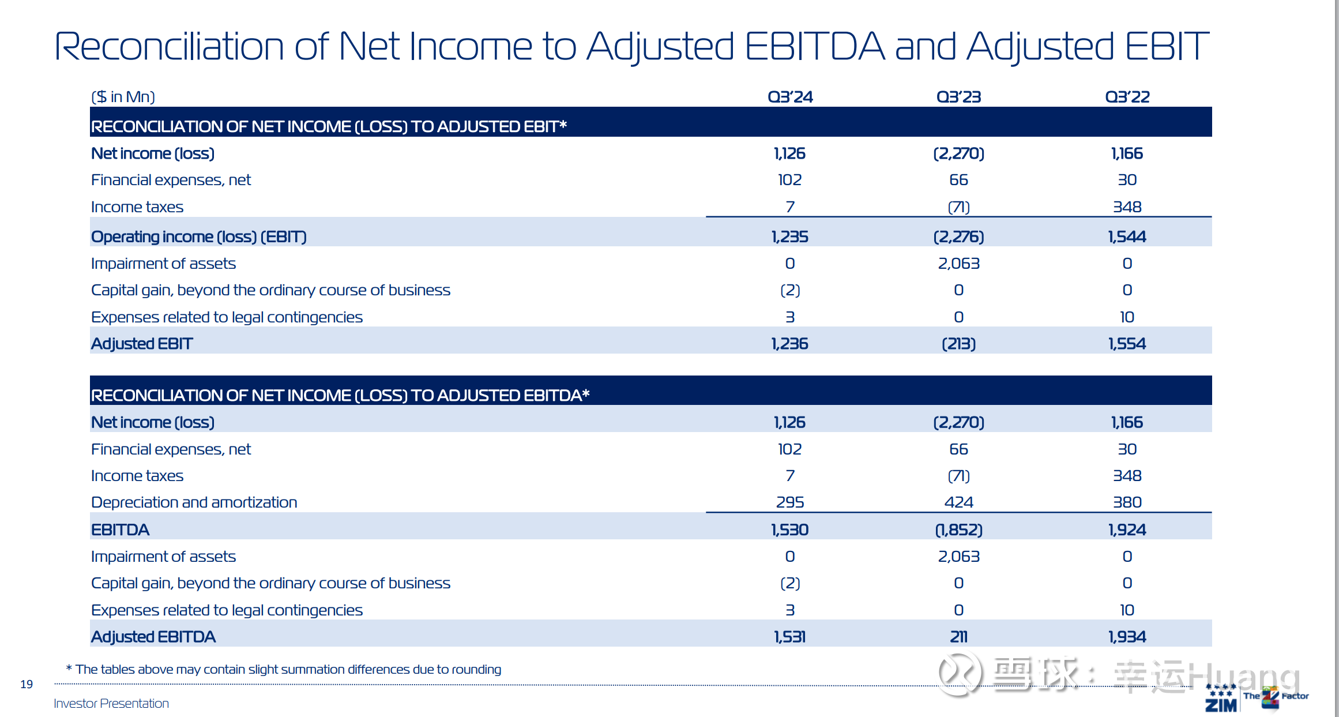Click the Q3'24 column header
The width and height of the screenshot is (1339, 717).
(790, 97)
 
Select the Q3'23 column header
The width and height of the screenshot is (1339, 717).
(958, 97)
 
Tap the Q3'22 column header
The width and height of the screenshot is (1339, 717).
(1127, 97)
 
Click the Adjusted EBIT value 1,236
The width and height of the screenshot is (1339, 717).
(790, 344)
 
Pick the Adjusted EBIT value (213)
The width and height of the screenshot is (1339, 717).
(958, 344)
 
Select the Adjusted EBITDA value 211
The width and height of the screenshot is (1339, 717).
(958, 637)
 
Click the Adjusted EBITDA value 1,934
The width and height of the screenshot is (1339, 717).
(1127, 637)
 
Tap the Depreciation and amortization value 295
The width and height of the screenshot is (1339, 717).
(790, 502)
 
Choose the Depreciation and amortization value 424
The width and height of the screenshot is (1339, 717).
(958, 502)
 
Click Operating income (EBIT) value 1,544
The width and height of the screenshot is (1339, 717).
(1127, 237)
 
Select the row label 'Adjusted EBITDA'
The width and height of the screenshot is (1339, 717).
(153, 637)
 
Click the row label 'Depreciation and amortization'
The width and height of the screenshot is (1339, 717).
(194, 502)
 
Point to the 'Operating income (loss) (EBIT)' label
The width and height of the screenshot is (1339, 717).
(199, 237)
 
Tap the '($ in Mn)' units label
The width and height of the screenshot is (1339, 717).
(123, 97)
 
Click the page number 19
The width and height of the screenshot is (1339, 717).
(27, 684)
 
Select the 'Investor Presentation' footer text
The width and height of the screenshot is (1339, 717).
(111, 703)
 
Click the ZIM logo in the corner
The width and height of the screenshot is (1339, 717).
(1221, 699)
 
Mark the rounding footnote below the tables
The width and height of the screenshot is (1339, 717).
(284, 669)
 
